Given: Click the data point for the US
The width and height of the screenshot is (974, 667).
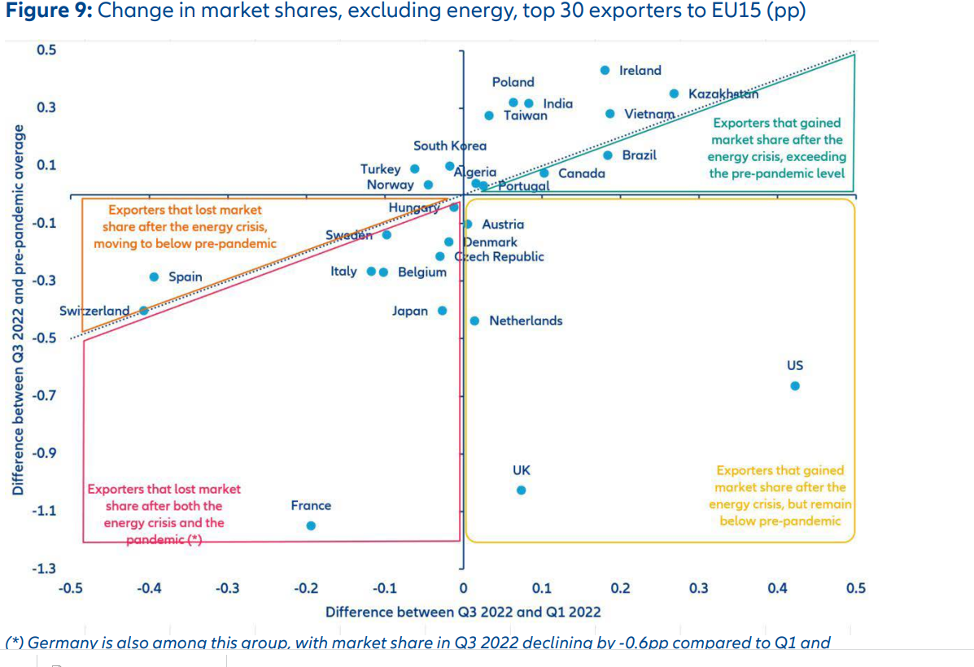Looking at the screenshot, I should click(795, 386).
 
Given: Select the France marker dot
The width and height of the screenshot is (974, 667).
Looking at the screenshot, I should click(311, 525).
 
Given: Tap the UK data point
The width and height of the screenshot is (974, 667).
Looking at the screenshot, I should click(522, 490).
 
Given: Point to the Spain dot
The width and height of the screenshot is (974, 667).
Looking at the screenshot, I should click(154, 277).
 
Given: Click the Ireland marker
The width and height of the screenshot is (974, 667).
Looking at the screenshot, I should click(605, 71).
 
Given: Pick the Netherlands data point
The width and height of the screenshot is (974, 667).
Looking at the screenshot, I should click(474, 320).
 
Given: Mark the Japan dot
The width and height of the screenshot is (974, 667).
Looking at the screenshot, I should click(443, 311).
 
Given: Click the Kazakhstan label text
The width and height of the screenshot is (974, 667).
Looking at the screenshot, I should click(723, 94).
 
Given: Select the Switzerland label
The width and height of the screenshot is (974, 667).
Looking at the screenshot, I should click(94, 311).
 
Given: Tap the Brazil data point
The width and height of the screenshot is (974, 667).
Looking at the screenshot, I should click(607, 155).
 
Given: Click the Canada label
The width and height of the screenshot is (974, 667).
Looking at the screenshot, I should click(582, 173).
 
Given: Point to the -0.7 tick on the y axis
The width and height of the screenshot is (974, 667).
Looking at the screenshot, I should click(46, 395).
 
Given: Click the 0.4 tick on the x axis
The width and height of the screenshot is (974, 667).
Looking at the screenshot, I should click(777, 588).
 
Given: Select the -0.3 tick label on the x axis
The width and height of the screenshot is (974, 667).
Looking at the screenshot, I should click(227, 588).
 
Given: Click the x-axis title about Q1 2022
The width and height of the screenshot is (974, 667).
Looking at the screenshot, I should click(463, 612).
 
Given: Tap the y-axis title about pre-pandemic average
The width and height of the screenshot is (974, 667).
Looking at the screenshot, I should click(17, 309).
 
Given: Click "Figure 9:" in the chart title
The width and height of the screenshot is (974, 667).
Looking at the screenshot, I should click(49, 14).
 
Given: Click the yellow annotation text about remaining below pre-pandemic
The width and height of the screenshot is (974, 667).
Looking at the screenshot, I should click(780, 495).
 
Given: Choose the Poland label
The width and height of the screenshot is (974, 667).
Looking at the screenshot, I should click(513, 82).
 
